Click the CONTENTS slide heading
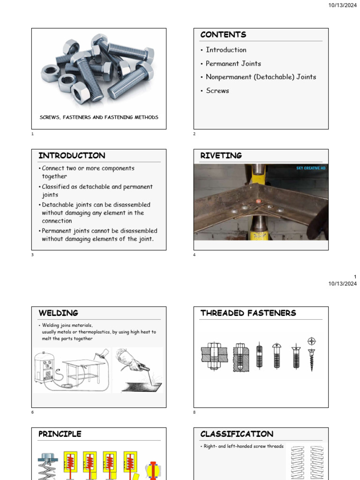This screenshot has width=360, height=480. tap(223, 35)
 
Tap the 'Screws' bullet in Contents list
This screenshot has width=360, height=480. tap(217, 90)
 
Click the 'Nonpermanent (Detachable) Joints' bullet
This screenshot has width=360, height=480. tap(261, 77)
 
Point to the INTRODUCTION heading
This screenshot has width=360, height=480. tap(72, 156)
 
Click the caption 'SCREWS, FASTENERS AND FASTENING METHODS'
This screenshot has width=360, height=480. tap(98, 117)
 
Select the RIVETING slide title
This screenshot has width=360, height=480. tap(221, 156)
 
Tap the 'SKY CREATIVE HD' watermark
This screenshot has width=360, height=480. tap(310, 168)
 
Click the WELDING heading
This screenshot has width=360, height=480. tap(58, 313)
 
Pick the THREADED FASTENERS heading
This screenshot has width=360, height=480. tap(248, 313)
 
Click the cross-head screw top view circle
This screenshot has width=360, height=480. tap(312, 341)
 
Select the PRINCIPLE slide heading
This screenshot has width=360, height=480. tap(60, 434)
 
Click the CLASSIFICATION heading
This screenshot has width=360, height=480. tap(237, 434)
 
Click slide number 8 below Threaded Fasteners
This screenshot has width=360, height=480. tap(195, 412)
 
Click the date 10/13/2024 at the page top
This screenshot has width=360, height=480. tap(343, 5)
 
